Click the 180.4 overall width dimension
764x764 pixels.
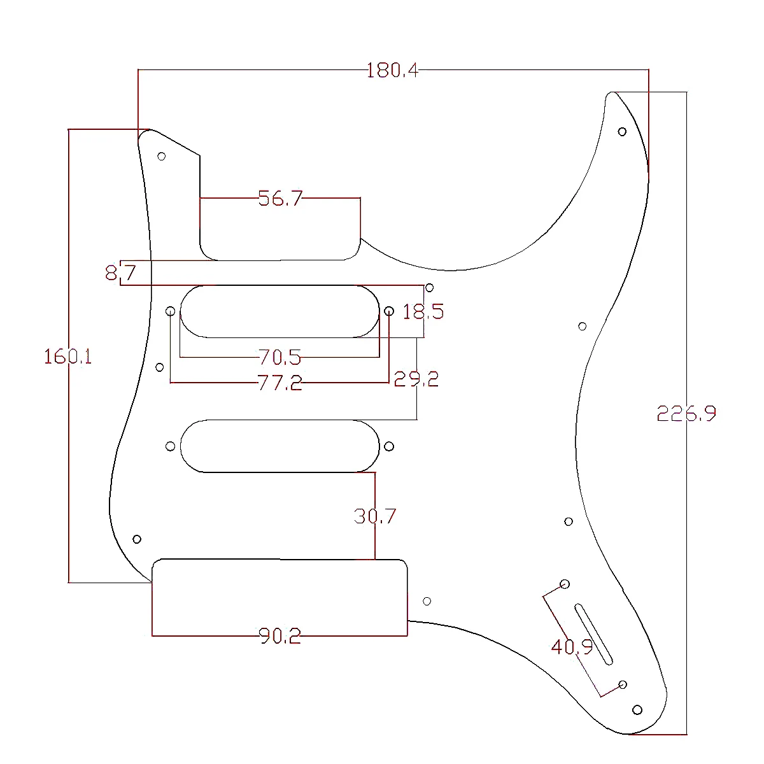point(392,70)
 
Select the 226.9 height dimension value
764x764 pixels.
point(686,414)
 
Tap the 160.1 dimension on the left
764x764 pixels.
point(68,357)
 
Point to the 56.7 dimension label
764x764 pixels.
point(280,199)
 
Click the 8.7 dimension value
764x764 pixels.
point(120,274)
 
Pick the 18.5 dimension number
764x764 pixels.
point(423,312)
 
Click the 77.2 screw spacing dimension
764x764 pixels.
point(280,383)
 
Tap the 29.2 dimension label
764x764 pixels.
point(416,379)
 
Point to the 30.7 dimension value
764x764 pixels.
point(375,516)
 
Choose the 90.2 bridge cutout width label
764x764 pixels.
point(280,635)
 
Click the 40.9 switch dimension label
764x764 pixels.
point(572,647)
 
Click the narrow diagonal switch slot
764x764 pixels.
point(594,634)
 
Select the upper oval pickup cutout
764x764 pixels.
point(280,311)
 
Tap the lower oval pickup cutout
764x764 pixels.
point(280,446)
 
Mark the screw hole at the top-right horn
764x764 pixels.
point(622,132)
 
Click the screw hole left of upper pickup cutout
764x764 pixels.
point(171,311)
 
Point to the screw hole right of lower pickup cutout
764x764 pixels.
point(389,446)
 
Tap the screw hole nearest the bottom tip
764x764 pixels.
point(637,710)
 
